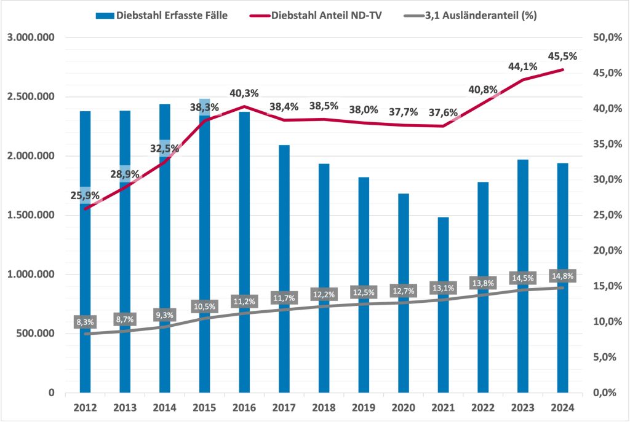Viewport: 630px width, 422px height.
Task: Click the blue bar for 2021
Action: (x=444, y=307)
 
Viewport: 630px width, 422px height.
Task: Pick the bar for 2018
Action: (x=324, y=246)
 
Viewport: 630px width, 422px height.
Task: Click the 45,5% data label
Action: (x=562, y=56)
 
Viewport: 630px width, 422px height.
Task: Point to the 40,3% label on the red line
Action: (x=244, y=93)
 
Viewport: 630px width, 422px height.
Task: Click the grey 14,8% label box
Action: (x=562, y=276)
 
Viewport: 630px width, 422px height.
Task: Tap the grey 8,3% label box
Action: (x=86, y=321)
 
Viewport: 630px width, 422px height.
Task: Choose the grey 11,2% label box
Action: (x=244, y=301)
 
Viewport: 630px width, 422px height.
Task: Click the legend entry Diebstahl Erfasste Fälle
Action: (x=162, y=16)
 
